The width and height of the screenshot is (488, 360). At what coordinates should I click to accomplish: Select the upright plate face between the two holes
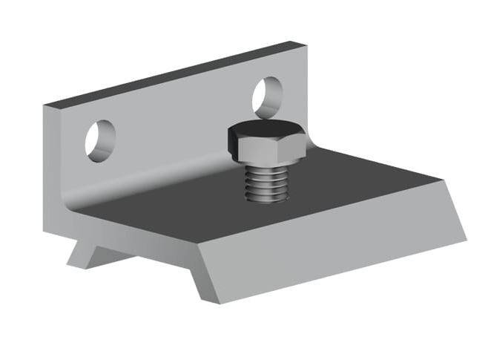click(x=178, y=126)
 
